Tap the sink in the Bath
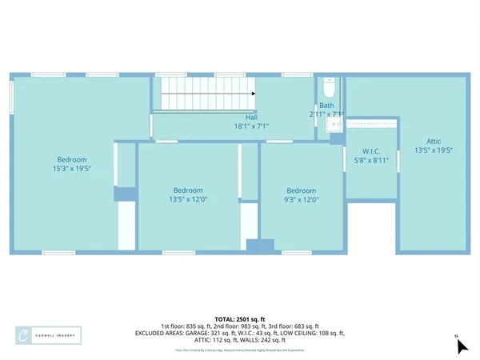coord(336,124)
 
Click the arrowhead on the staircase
coord(252,94)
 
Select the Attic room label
coord(434,140)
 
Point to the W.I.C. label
coord(370,150)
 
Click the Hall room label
coord(251,117)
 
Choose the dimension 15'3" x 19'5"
coord(71,169)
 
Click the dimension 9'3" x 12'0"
coord(302,199)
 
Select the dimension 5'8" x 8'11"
coord(370,160)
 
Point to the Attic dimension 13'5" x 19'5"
coord(434,150)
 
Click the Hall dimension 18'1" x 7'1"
coord(251,126)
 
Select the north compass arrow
coord(461,346)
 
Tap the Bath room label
coord(326,106)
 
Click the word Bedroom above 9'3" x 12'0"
coord(302,190)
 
